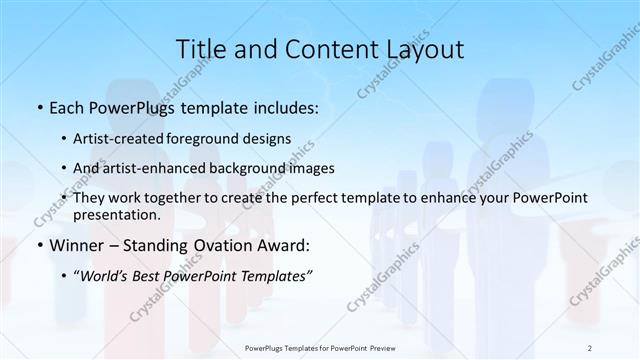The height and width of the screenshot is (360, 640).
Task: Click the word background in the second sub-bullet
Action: click(253, 168)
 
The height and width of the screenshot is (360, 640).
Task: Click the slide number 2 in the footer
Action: click(589, 348)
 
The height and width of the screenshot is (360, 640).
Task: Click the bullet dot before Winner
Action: click(38, 246)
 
